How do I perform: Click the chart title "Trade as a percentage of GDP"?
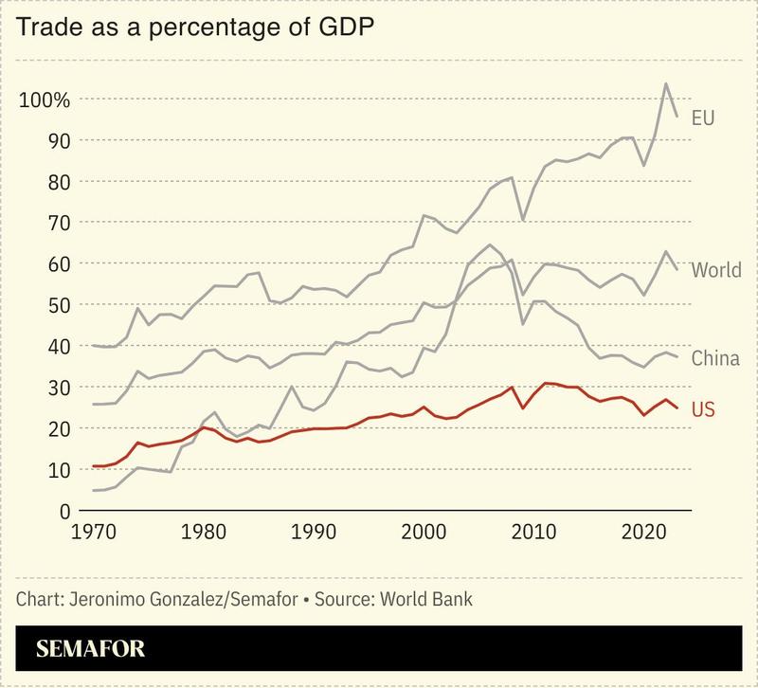coord(195,27)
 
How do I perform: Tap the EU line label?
coord(702,118)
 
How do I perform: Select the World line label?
coord(715,270)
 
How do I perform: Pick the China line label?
coord(715,358)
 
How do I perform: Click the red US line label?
coord(703,410)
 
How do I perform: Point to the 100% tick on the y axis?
coord(44,100)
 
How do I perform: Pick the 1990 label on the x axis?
coord(311,534)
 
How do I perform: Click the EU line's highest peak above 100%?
coord(666,83)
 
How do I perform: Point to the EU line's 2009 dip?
coord(523,220)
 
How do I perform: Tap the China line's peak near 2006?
coord(489,244)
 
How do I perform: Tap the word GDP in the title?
coord(344,27)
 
